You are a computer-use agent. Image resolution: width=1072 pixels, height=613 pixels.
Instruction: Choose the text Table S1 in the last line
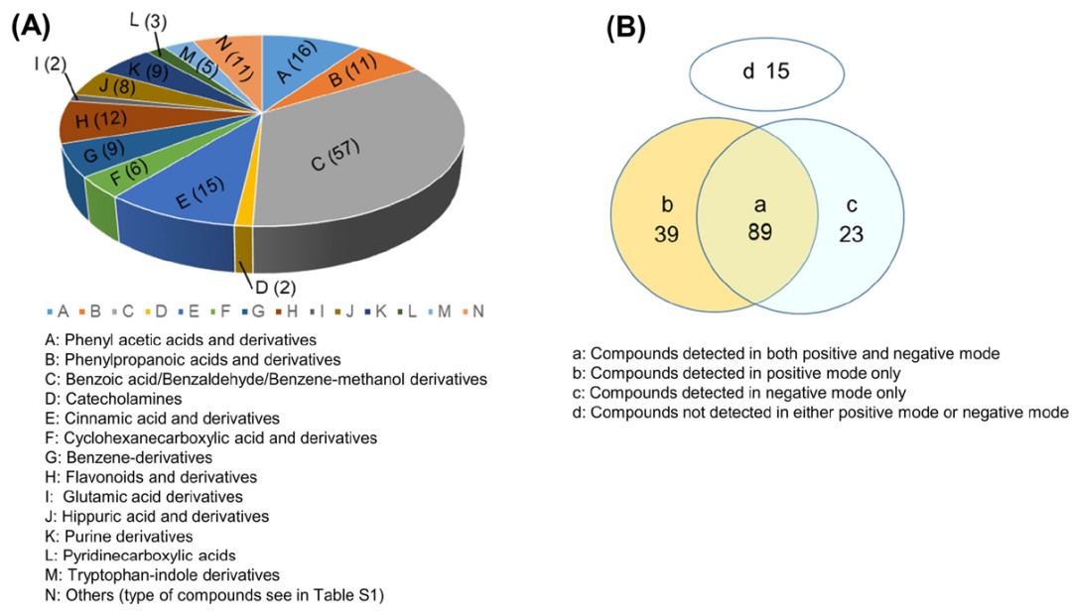307,595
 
